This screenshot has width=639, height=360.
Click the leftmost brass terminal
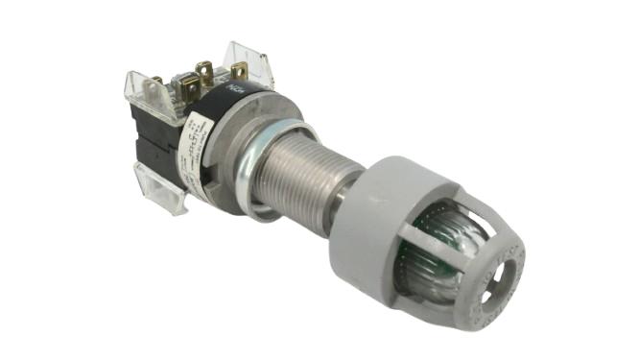[x=156, y=84]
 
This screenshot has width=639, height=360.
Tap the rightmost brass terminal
[x=237, y=70]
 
